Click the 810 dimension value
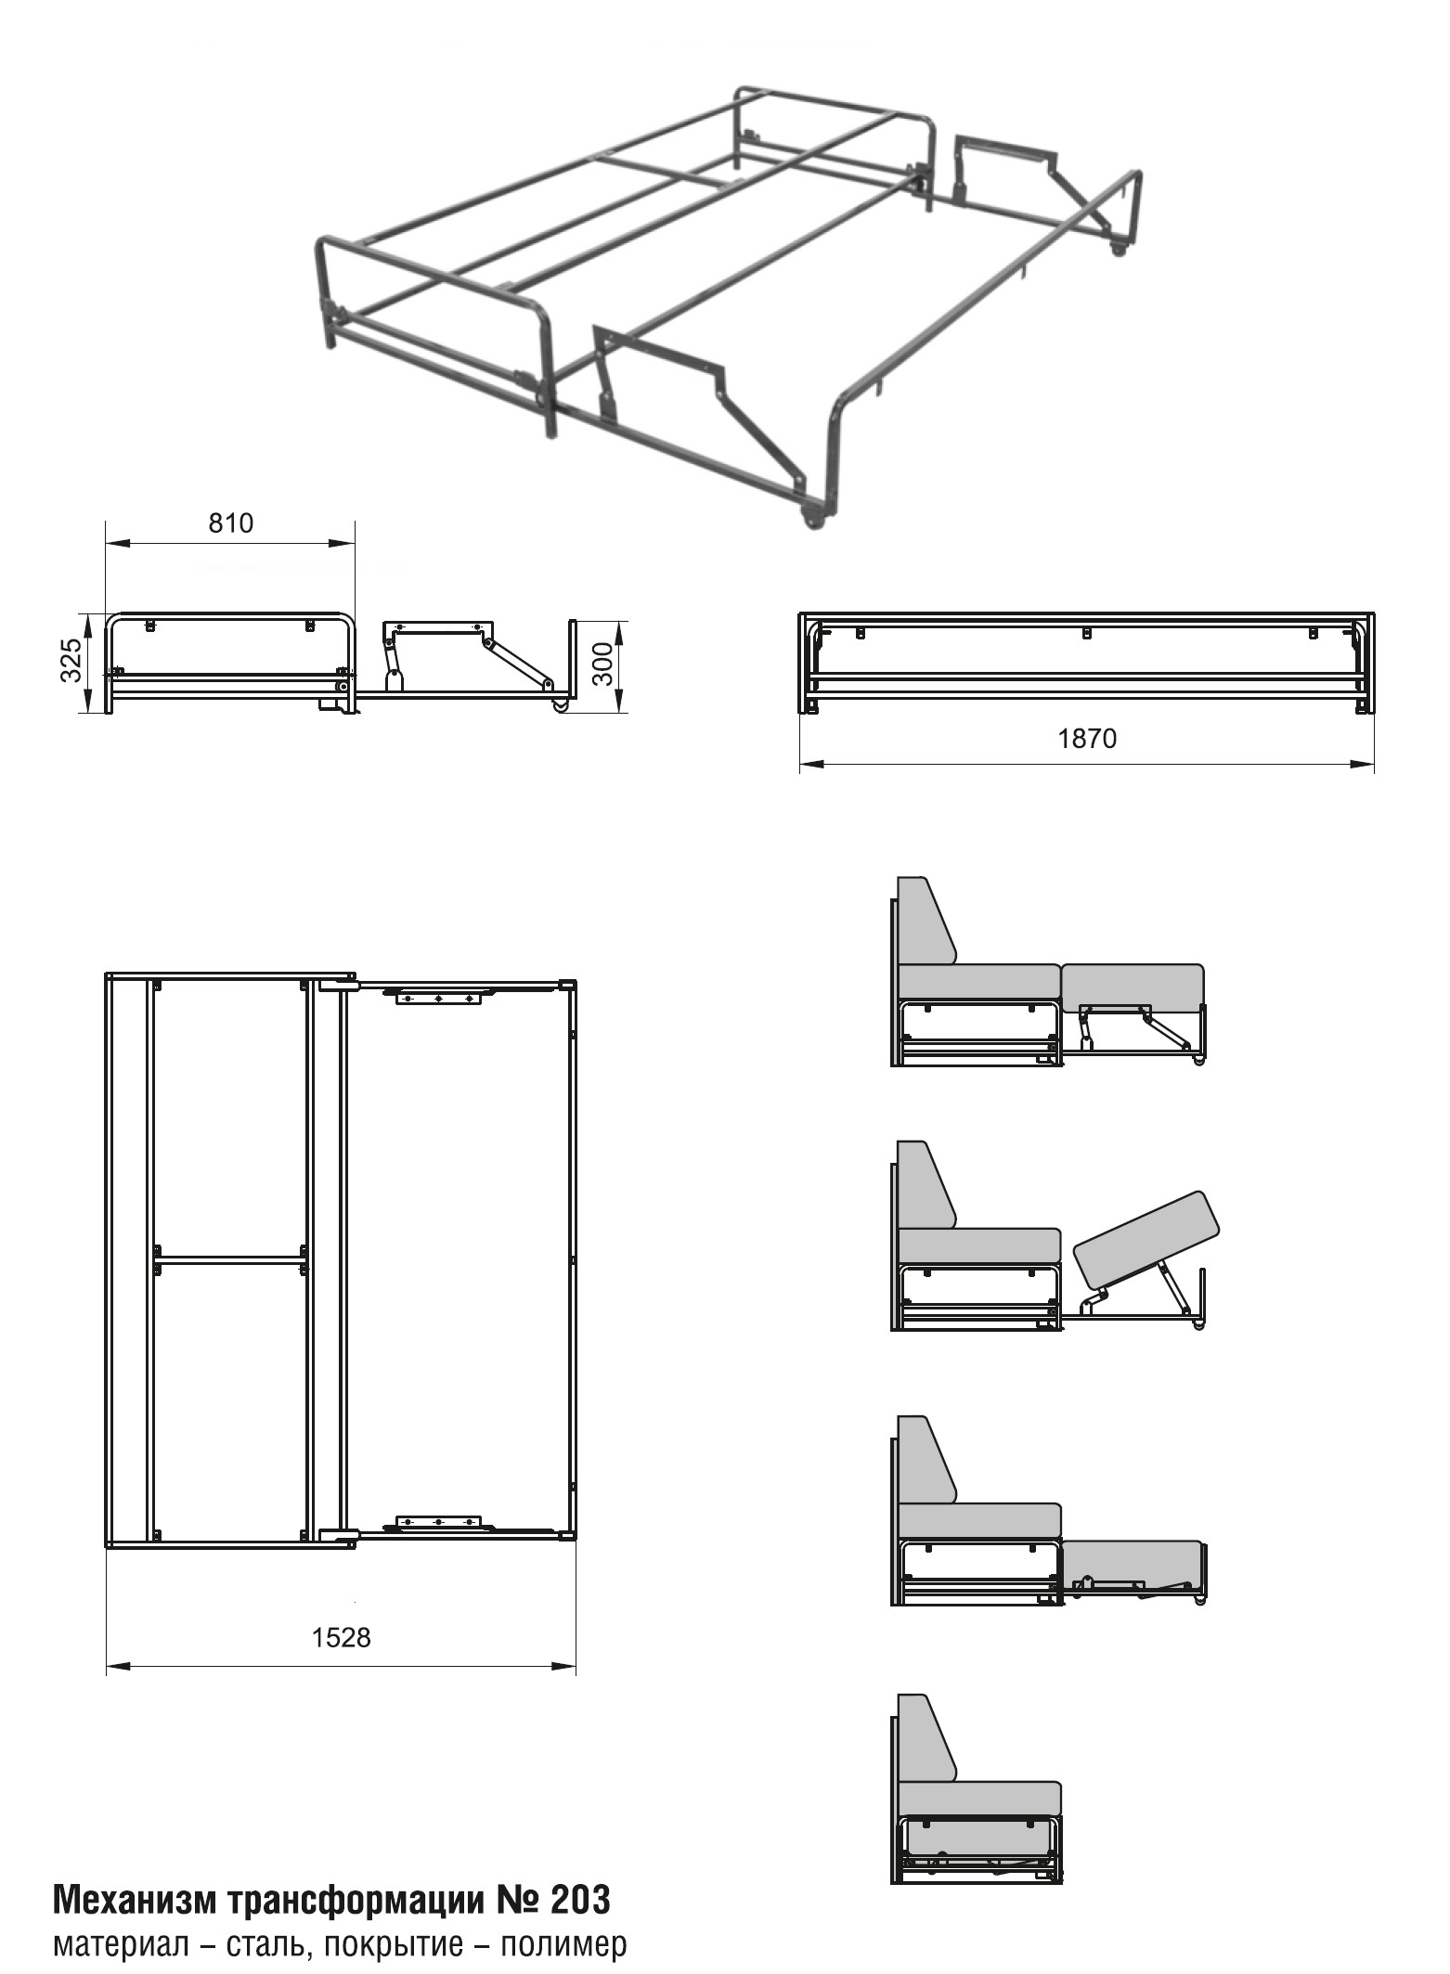(230, 523)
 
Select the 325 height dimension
(72, 661)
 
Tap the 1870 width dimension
(1087, 739)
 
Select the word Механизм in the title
(135, 1900)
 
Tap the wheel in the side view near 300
(561, 706)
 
